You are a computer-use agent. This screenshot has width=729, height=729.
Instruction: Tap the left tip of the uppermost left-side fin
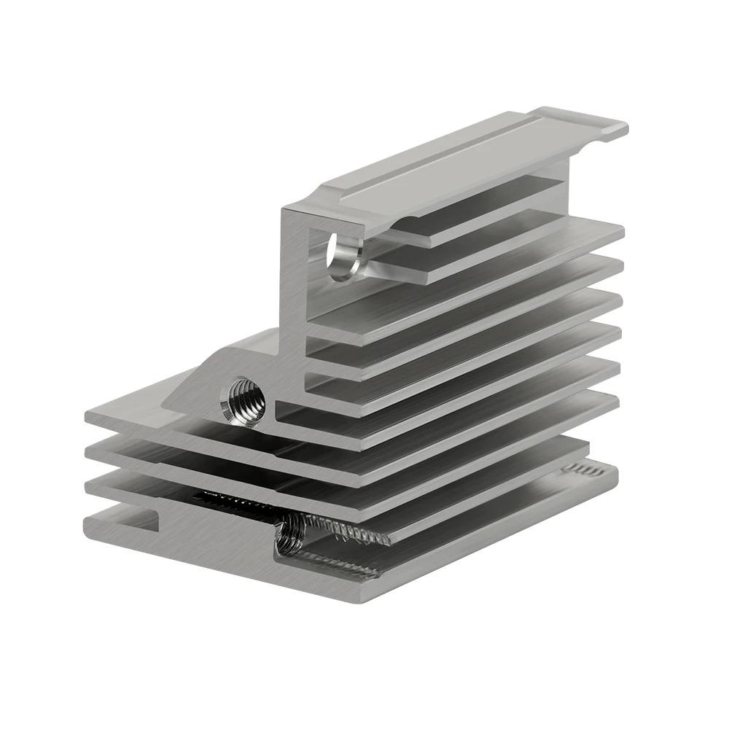[x=91, y=419]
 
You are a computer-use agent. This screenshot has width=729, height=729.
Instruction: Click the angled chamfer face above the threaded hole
[x=219, y=364]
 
